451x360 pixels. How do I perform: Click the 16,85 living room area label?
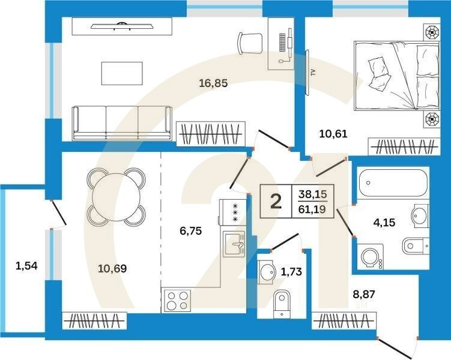click(213, 83)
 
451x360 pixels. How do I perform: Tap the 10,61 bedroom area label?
click(333, 134)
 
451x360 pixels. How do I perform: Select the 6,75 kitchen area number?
click(191, 231)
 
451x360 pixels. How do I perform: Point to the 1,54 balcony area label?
click(26, 266)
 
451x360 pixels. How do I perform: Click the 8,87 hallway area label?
click(364, 294)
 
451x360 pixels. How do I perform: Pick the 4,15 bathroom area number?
click(384, 223)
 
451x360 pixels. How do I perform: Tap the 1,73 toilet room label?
click(291, 272)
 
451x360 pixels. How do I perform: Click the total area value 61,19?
click(312, 209)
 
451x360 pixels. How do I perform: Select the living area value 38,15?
click(313, 194)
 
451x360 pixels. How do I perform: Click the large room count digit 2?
click(276, 202)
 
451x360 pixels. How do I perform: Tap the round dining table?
click(116, 197)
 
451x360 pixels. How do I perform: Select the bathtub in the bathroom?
click(393, 183)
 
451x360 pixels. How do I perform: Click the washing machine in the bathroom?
click(370, 257)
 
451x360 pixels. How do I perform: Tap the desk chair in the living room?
click(250, 43)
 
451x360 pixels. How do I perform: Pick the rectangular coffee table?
click(122, 73)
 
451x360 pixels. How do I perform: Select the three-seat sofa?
click(123, 123)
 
